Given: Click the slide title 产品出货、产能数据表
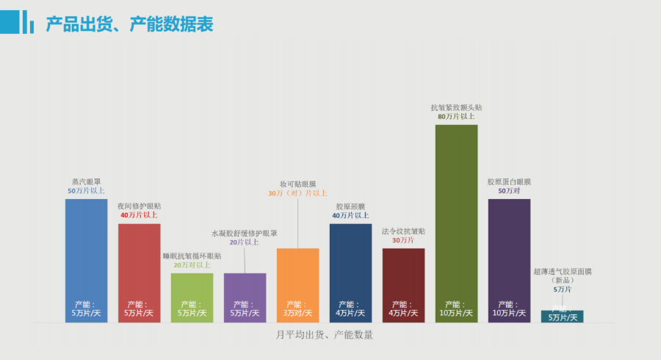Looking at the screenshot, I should [x=129, y=25].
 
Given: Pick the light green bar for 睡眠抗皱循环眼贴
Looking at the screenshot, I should [x=192, y=290].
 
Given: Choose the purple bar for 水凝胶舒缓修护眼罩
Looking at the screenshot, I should [x=245, y=290].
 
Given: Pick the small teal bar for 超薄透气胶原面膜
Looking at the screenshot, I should [x=562, y=317].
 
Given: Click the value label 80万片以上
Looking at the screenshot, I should [x=456, y=116].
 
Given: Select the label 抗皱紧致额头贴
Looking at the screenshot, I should [x=456, y=107].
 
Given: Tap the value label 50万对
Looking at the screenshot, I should [x=509, y=190].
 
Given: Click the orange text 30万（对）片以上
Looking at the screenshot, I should [x=297, y=193].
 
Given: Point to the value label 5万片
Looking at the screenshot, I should [x=562, y=289].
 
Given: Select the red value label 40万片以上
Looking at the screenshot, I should [x=139, y=215].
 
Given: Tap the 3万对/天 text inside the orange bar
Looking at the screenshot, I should [x=297, y=314].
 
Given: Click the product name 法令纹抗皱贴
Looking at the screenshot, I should [x=403, y=231].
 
